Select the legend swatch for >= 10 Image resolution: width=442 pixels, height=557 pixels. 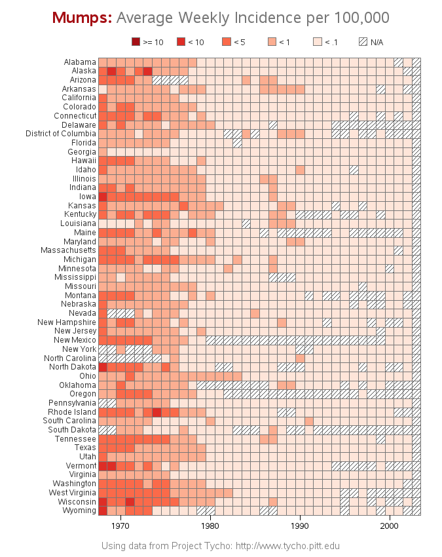[136, 42]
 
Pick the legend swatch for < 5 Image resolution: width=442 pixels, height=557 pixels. [227, 42]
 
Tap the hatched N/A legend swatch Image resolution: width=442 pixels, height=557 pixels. [363, 42]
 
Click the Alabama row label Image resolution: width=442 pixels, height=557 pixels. [80, 62]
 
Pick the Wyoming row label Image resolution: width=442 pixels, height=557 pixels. [80, 510]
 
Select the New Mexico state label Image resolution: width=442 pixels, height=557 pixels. [75, 340]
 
